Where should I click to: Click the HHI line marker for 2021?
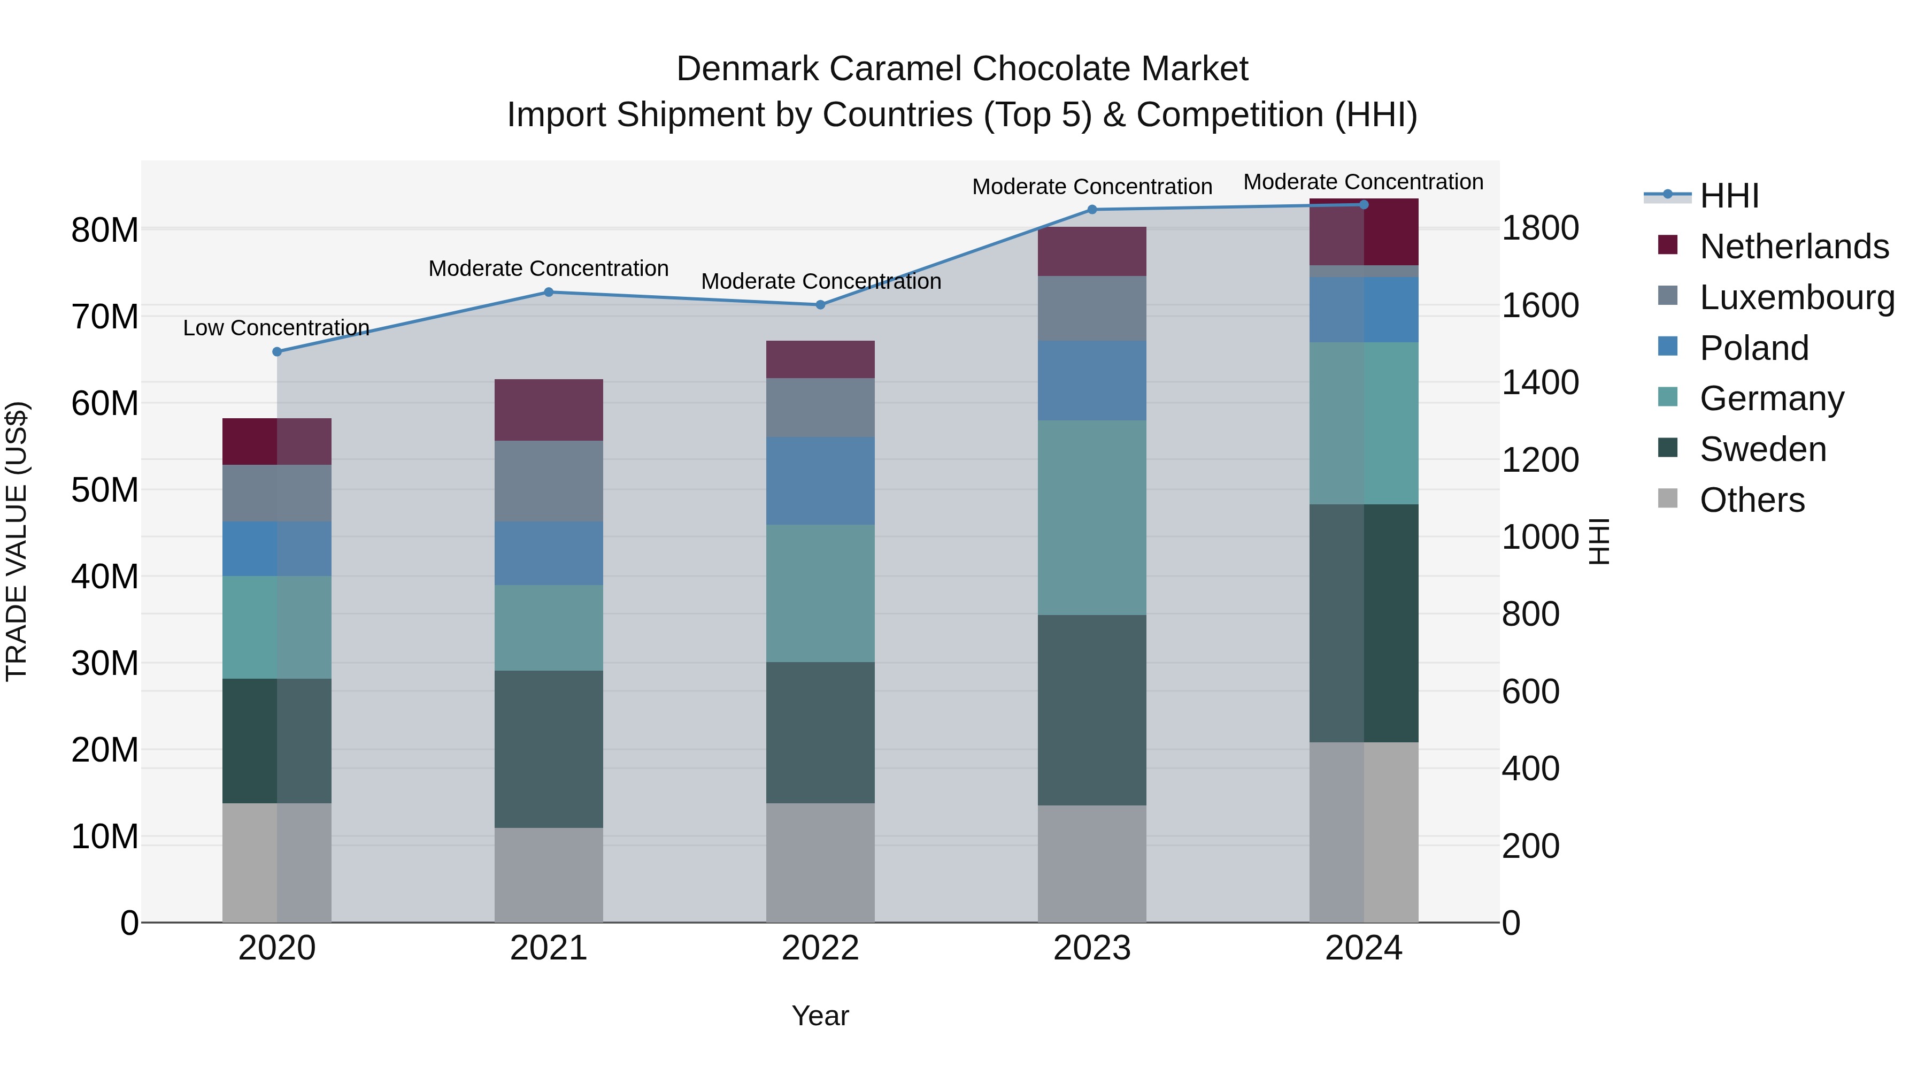click(x=549, y=292)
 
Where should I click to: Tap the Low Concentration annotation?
click(x=276, y=328)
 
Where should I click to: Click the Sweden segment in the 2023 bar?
click(x=1092, y=710)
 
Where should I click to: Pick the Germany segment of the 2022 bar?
click(x=820, y=594)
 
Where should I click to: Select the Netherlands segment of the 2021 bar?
click(x=549, y=410)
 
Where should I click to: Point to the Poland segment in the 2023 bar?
click(x=1092, y=380)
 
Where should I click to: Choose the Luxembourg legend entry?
click(x=1797, y=297)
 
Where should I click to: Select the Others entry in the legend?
click(x=1752, y=500)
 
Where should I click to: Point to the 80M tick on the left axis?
click(x=105, y=230)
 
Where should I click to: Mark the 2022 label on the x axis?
click(x=820, y=948)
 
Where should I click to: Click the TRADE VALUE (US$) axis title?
click(x=17, y=541)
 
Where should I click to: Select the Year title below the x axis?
click(x=820, y=1016)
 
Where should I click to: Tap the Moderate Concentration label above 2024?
click(x=1363, y=182)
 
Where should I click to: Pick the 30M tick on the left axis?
click(x=105, y=664)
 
